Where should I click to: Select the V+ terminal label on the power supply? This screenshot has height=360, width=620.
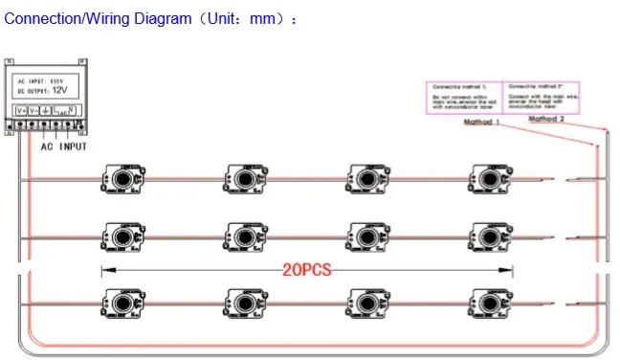tap(21, 112)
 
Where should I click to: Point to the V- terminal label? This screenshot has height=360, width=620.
tap(33, 112)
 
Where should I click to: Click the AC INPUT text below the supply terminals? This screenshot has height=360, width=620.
tap(63, 146)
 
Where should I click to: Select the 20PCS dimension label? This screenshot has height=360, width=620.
tap(306, 270)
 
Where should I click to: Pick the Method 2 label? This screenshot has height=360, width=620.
tap(546, 119)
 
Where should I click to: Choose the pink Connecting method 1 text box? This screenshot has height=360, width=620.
tap(462, 99)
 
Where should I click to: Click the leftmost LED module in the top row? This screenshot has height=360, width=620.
tap(120, 178)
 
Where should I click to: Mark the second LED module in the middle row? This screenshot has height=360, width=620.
tap(242, 236)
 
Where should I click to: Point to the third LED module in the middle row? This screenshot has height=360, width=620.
tap(365, 236)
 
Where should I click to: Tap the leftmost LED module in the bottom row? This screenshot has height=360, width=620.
tap(120, 300)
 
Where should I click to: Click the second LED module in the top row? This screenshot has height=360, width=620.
tap(242, 178)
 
